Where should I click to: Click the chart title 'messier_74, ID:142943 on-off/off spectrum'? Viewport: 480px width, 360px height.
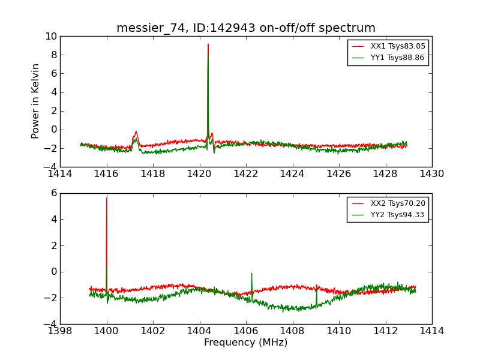pyautogui.click(x=246, y=28)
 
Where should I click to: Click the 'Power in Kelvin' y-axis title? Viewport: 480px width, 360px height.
pyautogui.click(x=36, y=101)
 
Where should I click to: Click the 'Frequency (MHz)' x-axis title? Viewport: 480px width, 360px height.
pyautogui.click(x=246, y=343)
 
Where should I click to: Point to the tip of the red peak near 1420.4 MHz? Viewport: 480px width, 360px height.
pyautogui.click(x=208, y=44)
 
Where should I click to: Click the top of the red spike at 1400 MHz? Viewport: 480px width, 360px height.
pyautogui.click(x=107, y=198)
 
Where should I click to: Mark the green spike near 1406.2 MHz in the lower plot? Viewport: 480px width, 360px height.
pyautogui.click(x=251, y=274)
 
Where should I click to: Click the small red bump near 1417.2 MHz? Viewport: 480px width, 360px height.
pyautogui.click(x=136, y=132)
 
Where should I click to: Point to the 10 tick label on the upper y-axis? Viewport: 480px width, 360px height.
pyautogui.click(x=50, y=37)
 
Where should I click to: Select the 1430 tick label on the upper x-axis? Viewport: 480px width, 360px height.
pyautogui.click(x=431, y=174)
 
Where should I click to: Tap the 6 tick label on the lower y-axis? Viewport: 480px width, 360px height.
pyautogui.click(x=53, y=193)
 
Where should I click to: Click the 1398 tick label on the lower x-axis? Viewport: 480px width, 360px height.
pyautogui.click(x=60, y=331)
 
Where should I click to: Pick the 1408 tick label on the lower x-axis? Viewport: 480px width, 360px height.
pyautogui.click(x=292, y=331)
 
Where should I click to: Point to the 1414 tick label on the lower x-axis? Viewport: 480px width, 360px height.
pyautogui.click(x=431, y=331)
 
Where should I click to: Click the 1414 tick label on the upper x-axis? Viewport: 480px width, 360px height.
pyautogui.click(x=60, y=174)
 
